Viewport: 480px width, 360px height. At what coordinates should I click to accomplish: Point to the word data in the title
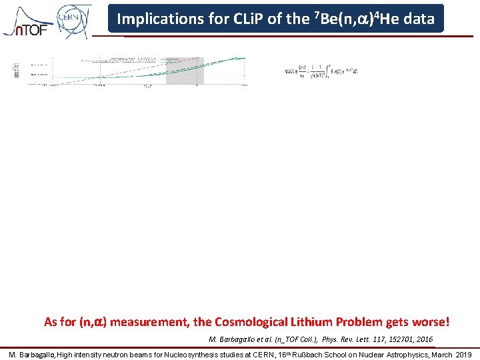(x=419, y=19)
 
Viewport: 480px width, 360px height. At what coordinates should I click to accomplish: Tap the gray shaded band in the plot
(x=179, y=70)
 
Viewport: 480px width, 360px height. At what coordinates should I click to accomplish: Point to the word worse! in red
(x=433, y=322)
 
